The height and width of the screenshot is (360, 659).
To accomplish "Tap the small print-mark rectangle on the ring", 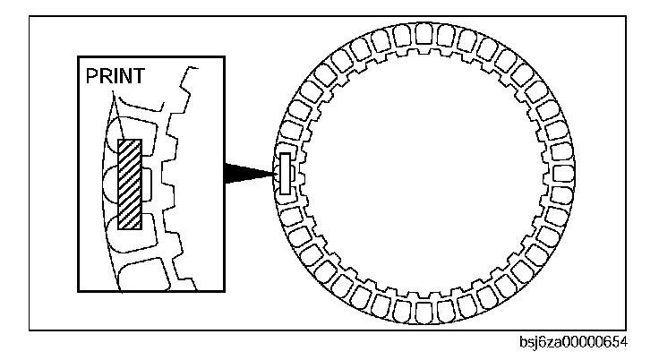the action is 286,174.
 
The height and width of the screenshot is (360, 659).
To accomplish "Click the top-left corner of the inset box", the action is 78,59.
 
